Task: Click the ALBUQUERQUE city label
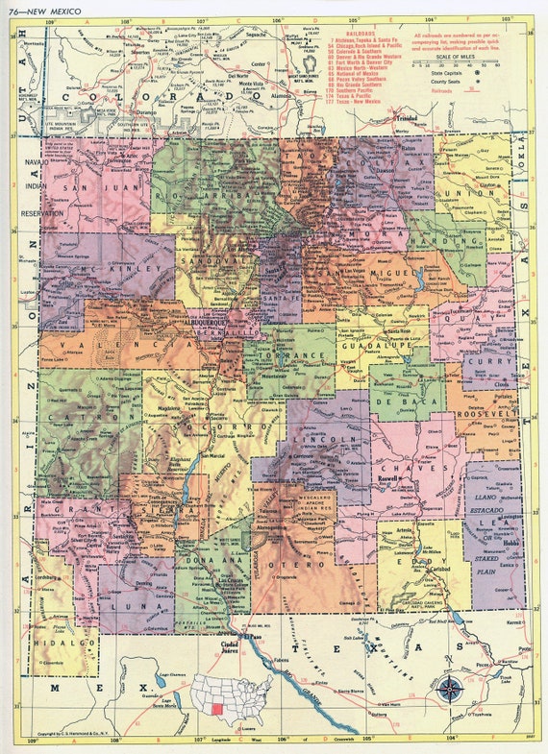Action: (x=199, y=323)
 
